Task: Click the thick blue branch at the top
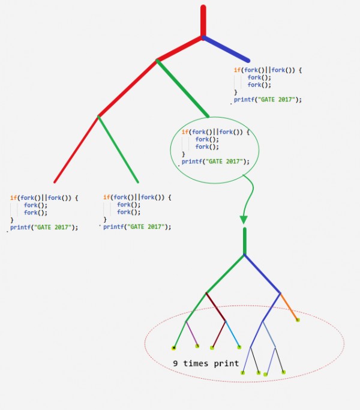(x=227, y=50)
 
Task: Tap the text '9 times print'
(x=206, y=364)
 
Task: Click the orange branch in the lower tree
(x=289, y=307)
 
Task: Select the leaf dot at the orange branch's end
(x=298, y=320)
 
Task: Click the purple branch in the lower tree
(x=191, y=334)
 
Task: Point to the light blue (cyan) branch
(x=232, y=335)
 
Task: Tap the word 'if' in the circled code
(x=184, y=131)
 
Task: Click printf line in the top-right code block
(x=268, y=100)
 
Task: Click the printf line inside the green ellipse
(x=215, y=161)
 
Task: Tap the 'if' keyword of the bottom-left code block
(x=13, y=197)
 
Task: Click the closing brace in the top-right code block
(x=236, y=92)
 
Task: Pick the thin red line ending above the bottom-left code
(x=76, y=149)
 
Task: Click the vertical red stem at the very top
(x=203, y=21)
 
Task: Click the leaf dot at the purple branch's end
(x=197, y=346)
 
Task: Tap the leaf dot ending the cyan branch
(x=239, y=347)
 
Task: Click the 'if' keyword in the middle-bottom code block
(x=106, y=197)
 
